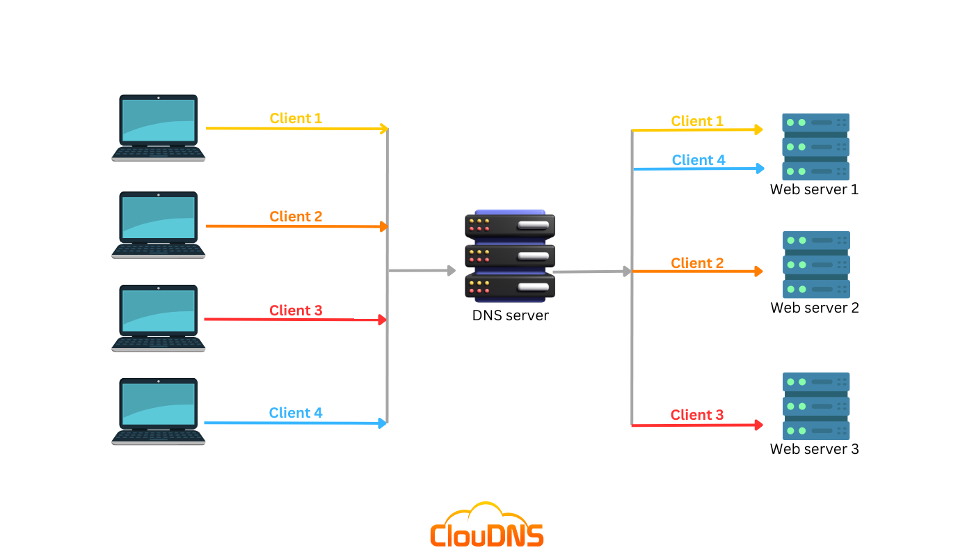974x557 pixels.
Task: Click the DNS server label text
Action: (510, 315)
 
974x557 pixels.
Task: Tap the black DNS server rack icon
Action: (510, 256)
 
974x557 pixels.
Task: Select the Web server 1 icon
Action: (815, 147)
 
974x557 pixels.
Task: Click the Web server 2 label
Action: (815, 308)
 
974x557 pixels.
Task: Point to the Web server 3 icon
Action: (815, 406)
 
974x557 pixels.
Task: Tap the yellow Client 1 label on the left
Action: (296, 118)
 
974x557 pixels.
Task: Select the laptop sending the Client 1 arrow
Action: (159, 128)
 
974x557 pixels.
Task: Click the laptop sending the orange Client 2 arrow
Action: (159, 225)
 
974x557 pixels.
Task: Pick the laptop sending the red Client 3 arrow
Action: (159, 318)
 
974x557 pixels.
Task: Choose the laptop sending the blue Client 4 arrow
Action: (159, 411)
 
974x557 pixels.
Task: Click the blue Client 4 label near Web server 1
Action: (698, 160)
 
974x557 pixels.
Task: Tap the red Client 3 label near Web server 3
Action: (697, 415)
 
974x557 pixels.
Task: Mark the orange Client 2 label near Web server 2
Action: (697, 263)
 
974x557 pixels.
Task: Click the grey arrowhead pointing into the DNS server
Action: (451, 270)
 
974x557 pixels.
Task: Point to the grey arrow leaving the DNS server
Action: (591, 272)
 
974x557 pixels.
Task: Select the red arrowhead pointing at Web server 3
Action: (759, 424)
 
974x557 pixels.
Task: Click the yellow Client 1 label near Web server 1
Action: (697, 121)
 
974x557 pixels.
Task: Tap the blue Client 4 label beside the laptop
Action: (296, 413)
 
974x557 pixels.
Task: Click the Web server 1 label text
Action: (814, 189)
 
